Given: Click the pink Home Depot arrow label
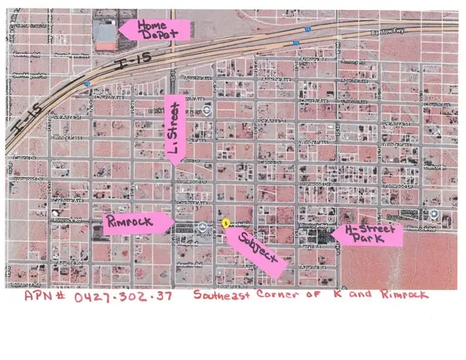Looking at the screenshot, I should tap(155, 29).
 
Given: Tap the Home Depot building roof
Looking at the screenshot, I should tap(106, 33).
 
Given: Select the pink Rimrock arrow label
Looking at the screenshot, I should tap(138, 223).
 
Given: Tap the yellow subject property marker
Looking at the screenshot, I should tap(225, 222).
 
